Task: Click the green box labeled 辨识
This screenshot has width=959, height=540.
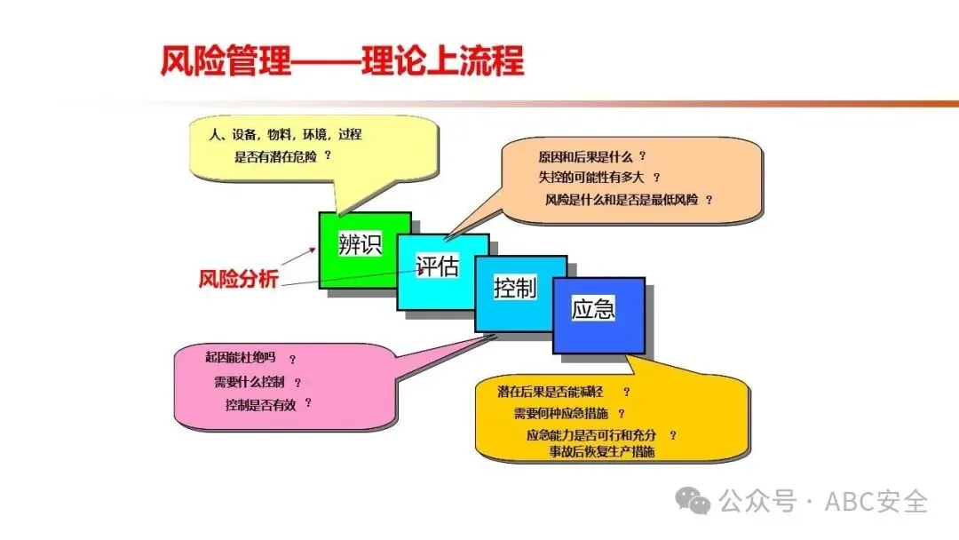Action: tap(360, 245)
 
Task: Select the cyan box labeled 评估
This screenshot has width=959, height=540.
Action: tap(438, 266)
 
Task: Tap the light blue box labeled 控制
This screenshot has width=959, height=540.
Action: tap(516, 288)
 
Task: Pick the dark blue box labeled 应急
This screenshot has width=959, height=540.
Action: tap(594, 310)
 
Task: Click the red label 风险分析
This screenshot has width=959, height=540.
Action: tap(238, 279)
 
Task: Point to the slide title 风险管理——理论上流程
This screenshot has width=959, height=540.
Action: tap(342, 61)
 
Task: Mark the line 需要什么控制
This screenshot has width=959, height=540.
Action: tap(250, 383)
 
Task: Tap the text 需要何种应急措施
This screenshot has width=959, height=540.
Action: tap(563, 414)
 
